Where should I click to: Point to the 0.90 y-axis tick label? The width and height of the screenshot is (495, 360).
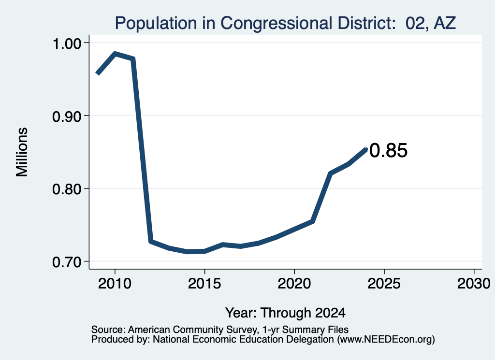tap(67, 116)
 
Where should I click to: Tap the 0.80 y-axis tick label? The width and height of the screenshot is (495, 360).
tap(67, 189)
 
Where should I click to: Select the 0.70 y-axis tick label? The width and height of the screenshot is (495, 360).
tap(67, 262)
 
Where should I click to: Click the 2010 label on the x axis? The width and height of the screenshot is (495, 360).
tap(115, 283)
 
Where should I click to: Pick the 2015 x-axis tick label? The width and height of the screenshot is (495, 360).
tap(204, 283)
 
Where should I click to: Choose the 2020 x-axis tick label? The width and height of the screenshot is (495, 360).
tap(294, 283)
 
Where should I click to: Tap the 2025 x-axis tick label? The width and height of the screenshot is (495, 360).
tap(384, 283)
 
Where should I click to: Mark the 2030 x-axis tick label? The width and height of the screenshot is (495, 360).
tap(474, 283)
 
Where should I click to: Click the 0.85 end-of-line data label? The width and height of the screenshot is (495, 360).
tap(388, 150)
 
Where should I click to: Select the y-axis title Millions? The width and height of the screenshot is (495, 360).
tap(22, 152)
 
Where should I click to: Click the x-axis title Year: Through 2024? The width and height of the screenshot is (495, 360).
tap(285, 313)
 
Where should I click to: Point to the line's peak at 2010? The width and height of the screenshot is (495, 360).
tap(115, 54)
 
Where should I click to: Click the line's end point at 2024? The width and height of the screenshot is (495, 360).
tap(366, 149)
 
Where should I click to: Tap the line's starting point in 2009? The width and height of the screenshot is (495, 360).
tap(98, 73)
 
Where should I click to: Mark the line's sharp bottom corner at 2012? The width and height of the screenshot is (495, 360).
tap(151, 241)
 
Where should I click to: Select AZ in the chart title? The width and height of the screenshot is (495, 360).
tap(445, 23)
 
